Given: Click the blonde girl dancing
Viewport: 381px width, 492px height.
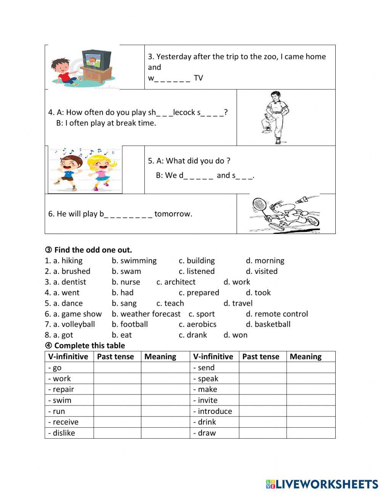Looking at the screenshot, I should tap(101, 170).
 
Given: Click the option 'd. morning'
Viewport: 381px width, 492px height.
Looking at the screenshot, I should tap(265, 261).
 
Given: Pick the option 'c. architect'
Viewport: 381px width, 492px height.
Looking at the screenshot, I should tap(176, 282).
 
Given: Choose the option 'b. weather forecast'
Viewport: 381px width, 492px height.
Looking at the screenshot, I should tap(146, 314).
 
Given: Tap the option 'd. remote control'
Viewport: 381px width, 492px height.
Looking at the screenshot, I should tap(277, 314).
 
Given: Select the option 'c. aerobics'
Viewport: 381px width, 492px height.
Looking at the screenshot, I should tap(197, 324).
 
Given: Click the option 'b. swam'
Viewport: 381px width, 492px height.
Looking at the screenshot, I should tap(126, 271).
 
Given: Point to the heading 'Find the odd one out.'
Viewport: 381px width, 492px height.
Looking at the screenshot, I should tap(93, 250).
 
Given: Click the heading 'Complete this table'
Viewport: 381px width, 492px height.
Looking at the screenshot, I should tap(90, 346).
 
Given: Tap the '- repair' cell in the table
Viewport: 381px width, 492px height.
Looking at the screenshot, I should tap(61, 389).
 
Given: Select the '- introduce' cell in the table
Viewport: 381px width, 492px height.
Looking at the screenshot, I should tap(213, 411).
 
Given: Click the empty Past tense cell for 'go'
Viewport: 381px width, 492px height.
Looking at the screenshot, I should tap(117, 368).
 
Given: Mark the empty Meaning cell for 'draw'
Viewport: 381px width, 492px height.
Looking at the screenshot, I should tap(311, 433).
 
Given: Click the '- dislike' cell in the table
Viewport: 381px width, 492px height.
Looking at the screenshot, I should tap(62, 433).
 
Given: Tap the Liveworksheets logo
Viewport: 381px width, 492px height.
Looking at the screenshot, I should tap(322, 484).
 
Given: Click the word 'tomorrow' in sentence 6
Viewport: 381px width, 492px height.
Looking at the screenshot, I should tap(173, 214).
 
